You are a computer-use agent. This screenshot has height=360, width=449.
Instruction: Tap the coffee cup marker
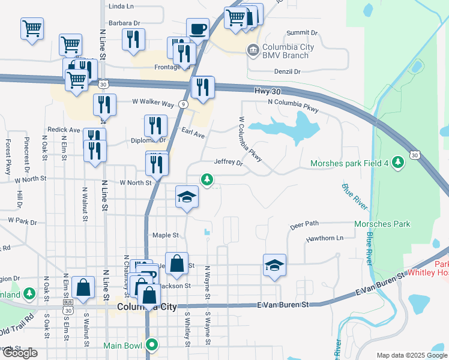(x=197, y=29)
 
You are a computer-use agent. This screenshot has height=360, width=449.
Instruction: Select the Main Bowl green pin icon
(x=152, y=345)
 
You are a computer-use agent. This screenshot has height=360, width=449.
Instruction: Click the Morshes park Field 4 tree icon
(x=397, y=162)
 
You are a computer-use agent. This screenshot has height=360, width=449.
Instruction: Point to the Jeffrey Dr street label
(x=229, y=163)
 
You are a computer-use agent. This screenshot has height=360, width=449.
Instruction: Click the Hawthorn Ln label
(x=324, y=238)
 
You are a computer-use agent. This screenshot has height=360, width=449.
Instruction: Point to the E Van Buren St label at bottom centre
(x=283, y=305)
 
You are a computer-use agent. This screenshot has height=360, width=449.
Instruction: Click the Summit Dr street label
(x=301, y=32)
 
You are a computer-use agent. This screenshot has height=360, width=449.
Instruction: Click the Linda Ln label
(x=121, y=6)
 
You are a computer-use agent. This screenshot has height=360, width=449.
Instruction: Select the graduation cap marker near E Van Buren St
(x=274, y=265)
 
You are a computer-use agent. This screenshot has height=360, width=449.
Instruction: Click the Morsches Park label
(x=382, y=224)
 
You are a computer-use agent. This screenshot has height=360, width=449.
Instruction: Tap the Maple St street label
(x=166, y=235)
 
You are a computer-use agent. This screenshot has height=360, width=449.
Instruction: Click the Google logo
(x=20, y=353)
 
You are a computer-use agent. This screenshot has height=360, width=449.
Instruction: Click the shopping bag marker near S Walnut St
(x=83, y=287)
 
